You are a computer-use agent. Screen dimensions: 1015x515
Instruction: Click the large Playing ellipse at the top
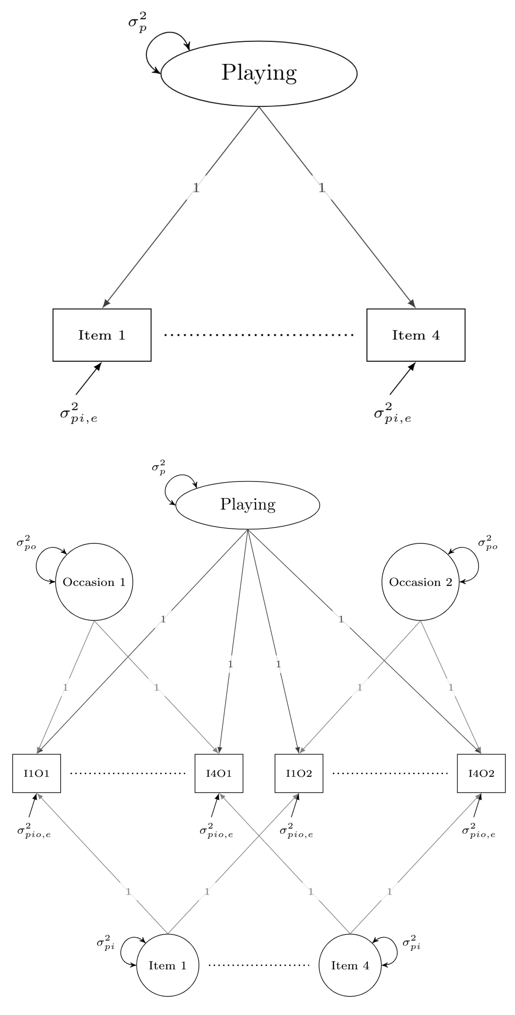259,73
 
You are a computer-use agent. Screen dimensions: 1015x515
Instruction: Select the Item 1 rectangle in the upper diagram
102,335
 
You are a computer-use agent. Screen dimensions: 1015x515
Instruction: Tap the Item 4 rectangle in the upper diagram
416,335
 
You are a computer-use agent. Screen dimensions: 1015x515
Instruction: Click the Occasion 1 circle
94,582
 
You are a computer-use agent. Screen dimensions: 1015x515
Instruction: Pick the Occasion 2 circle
420,582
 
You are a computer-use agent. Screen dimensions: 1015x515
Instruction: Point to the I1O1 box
37,773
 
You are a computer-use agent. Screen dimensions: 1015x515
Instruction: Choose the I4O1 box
219,773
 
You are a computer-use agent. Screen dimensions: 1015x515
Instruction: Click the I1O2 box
299,773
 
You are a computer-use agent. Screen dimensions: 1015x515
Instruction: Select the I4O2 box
481,773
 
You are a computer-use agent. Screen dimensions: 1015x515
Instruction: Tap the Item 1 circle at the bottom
168,965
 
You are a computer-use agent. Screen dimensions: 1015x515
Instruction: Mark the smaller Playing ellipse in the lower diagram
248,505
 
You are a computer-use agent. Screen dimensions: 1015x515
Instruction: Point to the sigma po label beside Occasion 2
487,543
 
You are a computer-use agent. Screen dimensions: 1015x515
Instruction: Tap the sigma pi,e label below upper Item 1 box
79,413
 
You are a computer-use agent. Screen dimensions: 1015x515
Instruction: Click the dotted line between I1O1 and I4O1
128,773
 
